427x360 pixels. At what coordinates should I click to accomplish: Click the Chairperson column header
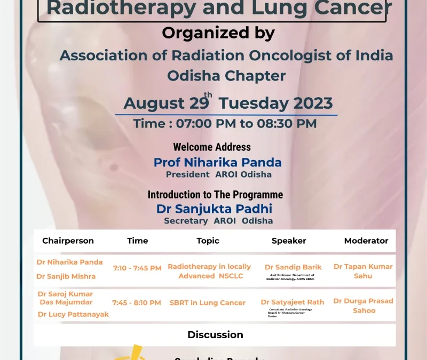(68, 241)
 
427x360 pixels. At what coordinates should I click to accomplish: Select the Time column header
(137, 241)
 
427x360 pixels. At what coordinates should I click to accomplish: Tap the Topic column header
(208, 241)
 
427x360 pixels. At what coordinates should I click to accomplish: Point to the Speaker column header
(289, 241)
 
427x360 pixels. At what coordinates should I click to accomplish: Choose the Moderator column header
(366, 241)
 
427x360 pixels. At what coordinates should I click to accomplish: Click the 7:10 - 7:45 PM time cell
(137, 268)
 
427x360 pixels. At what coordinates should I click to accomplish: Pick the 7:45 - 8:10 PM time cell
(137, 302)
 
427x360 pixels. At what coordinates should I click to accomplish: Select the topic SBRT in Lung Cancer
(208, 302)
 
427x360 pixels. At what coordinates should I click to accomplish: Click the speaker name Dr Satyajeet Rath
(292, 302)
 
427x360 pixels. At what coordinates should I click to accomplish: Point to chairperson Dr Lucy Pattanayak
(73, 314)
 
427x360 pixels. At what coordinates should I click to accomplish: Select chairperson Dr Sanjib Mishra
(66, 276)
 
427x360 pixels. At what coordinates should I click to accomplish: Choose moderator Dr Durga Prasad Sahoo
(363, 305)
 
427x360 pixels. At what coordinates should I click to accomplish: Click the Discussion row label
(215, 334)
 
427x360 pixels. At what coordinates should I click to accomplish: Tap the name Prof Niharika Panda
(218, 162)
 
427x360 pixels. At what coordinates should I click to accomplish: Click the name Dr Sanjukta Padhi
(214, 209)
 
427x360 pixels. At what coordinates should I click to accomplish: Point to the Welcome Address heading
(212, 147)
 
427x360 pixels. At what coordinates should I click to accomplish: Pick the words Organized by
(218, 33)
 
